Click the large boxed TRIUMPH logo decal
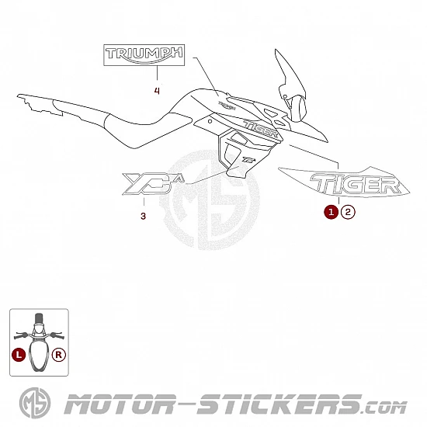coord(144,55)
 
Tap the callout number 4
coord(157,91)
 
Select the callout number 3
coord(144,217)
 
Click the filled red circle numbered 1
coord(332,212)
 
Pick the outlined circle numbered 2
coord(348,212)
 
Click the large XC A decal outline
coord(153,184)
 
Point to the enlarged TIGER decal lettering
coord(356,184)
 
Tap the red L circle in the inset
coord(19,355)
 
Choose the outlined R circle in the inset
coord(59,355)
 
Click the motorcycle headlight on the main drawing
coord(297,108)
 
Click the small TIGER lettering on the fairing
coord(261,128)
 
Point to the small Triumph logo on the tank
coord(227,106)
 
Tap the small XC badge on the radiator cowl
coord(249,160)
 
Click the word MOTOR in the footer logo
coord(120,404)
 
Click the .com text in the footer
coord(385,408)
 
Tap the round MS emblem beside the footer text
coord(35,403)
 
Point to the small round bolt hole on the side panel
coord(210,121)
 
